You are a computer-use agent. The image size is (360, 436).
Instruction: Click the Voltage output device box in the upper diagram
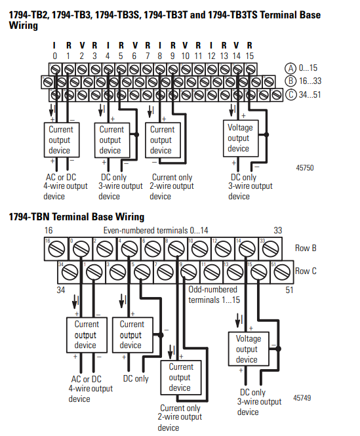tap(241, 138)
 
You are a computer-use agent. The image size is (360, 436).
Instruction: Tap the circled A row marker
tap(290, 68)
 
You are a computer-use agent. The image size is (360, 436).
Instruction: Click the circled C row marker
tap(291, 94)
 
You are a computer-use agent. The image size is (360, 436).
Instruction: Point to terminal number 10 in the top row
tap(186, 56)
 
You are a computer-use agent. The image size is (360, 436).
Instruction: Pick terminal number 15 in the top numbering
tap(250, 56)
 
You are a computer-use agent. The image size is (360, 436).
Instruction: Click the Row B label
tap(306, 248)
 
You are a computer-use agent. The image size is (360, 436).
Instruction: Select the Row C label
tap(306, 271)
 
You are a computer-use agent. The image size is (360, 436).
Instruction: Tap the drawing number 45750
tap(305, 168)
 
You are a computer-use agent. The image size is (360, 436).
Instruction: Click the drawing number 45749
tap(302, 397)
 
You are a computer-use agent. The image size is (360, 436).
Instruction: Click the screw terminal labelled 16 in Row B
tap(56, 249)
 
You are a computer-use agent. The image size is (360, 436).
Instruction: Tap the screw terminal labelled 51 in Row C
tap(282, 272)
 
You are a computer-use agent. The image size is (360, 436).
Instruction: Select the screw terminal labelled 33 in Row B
tap(270, 249)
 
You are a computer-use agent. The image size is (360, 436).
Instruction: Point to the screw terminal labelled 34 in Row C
tap(70, 272)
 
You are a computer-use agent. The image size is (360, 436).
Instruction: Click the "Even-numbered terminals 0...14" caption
tap(155, 231)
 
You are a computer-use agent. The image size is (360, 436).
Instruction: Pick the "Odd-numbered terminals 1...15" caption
tap(214, 295)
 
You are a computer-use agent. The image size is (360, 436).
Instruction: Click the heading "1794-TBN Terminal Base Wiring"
tap(77, 216)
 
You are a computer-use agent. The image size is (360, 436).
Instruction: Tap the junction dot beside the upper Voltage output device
tap(266, 135)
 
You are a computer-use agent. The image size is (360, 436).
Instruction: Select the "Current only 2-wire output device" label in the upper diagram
tap(172, 187)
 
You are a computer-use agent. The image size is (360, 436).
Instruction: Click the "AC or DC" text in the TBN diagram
tap(87, 379)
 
